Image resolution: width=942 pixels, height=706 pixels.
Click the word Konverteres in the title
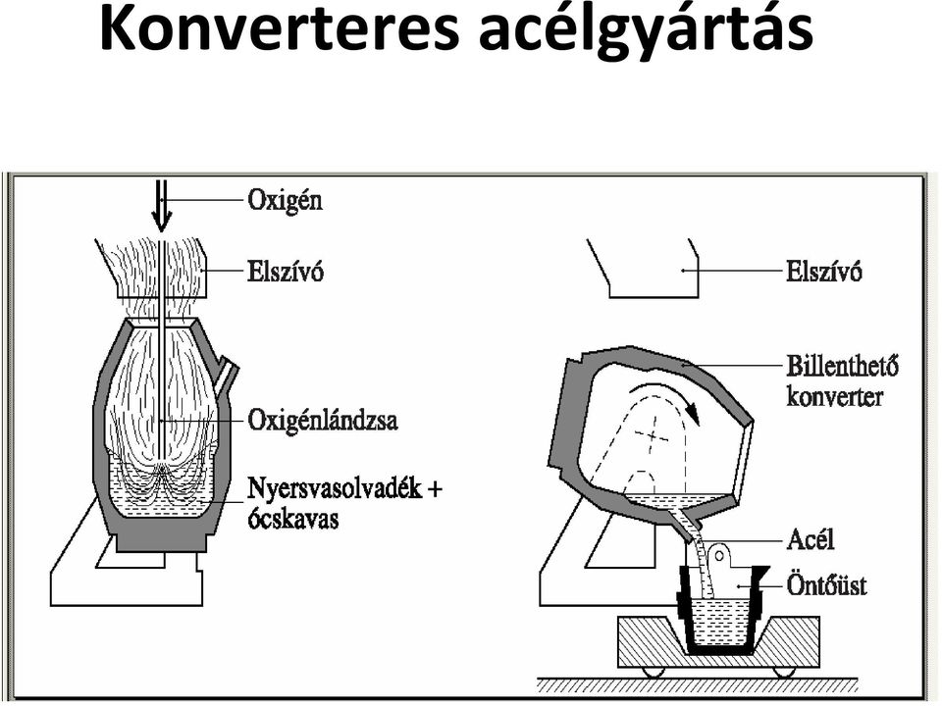280,30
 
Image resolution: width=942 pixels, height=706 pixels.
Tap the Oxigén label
285,201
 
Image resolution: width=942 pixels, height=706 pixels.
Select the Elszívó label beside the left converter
286,272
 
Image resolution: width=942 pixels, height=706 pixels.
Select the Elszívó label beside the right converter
824,272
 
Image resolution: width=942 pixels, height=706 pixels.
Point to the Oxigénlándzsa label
323,422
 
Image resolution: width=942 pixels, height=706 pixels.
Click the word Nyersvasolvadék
335,489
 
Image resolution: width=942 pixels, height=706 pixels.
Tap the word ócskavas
293,519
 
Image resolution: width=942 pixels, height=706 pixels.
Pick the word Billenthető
843,366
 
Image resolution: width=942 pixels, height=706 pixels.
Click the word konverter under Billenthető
835,397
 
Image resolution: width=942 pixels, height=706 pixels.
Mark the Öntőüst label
826,584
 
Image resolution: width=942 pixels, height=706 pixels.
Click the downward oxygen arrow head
160,225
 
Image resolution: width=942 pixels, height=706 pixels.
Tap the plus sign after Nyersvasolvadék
435,490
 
